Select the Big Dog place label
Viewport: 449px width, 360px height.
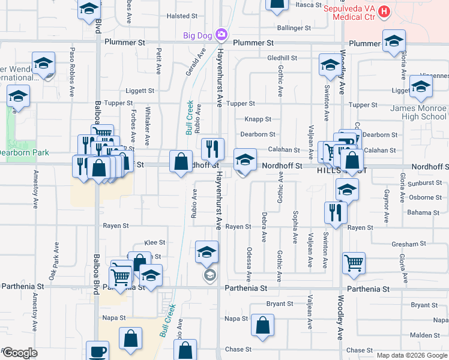197,35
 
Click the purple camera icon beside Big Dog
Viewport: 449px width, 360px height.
221,35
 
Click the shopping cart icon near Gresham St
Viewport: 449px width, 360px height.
354,262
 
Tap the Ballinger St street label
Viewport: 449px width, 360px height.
294,28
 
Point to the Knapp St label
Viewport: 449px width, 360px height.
258,119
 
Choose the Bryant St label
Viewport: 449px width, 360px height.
279,304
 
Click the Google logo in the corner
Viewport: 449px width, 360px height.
20,353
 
